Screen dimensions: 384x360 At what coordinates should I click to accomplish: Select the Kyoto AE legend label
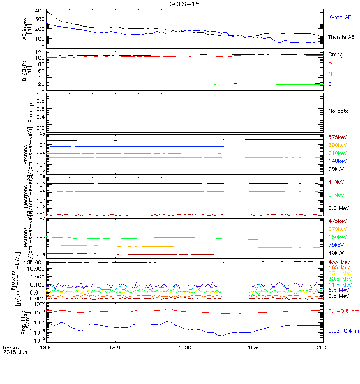coord(340,17)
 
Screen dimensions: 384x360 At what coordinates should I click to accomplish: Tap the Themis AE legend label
coord(341,37)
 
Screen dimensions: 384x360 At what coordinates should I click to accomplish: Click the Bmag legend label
coord(335,56)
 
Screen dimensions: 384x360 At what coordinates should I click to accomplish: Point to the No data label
coord(338,111)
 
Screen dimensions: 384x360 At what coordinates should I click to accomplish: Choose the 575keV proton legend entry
coord(337,137)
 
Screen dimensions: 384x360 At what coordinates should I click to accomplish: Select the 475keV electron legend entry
coord(337,221)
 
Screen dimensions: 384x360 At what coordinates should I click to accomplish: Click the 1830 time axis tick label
coord(115,347)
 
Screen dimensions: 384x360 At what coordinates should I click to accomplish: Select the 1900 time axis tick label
coord(184,347)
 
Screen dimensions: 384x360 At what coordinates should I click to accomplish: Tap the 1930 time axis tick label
coord(254,347)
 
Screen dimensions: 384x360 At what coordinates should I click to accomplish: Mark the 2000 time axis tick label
coord(323,347)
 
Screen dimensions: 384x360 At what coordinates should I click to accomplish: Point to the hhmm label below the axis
coord(10,347)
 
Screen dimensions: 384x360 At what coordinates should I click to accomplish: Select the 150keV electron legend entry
coord(338,237)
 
